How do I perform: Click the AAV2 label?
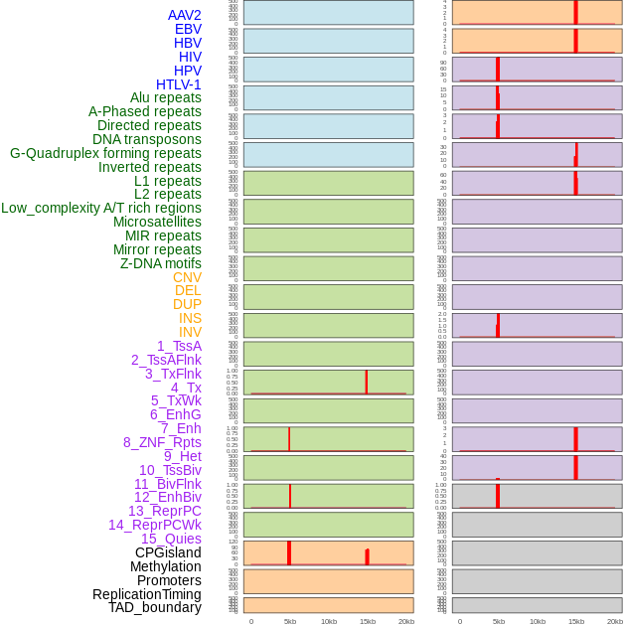point(184,15)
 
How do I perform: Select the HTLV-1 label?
point(178,84)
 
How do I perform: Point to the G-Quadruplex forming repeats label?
point(105,153)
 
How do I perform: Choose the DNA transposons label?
point(147,139)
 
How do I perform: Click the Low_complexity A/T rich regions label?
point(101,208)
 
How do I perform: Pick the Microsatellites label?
point(157,222)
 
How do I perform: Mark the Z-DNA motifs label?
point(161,263)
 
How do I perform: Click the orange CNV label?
point(187,277)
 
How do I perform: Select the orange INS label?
point(190,318)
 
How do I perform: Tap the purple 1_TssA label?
point(179,346)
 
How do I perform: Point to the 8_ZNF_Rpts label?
point(162,442)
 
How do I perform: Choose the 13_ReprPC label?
point(164,511)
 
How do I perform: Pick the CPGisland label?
point(168,552)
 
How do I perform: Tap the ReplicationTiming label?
point(147,594)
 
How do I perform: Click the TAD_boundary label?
point(155,607)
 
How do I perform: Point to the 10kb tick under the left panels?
point(329,621)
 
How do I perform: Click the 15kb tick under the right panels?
point(576,621)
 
